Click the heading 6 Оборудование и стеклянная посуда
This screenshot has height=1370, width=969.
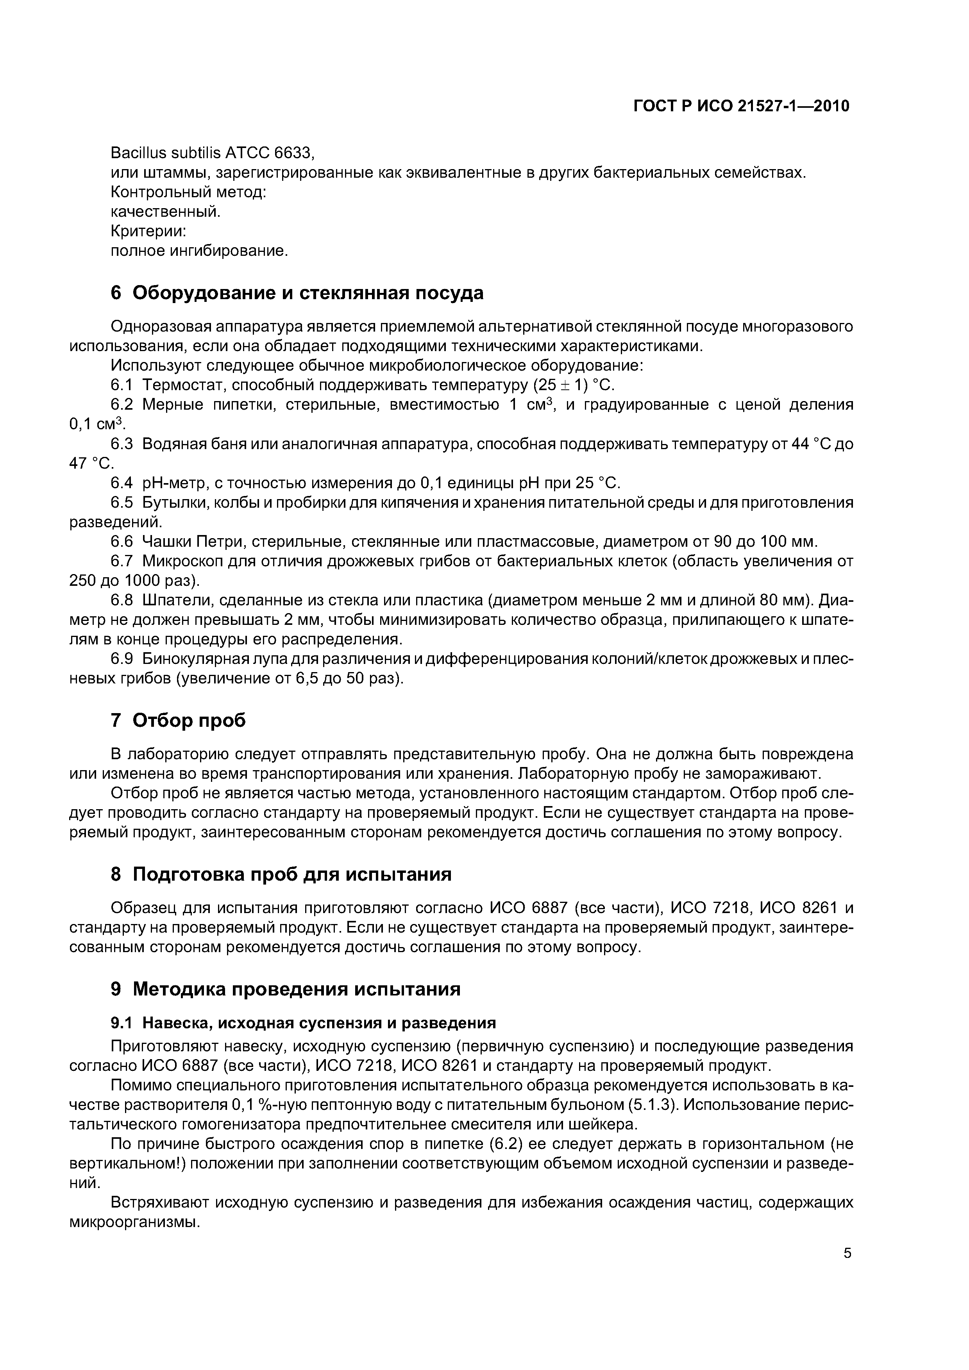297,293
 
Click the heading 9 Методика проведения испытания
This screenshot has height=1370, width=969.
285,989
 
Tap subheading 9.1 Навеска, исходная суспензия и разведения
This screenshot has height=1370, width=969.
303,1023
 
